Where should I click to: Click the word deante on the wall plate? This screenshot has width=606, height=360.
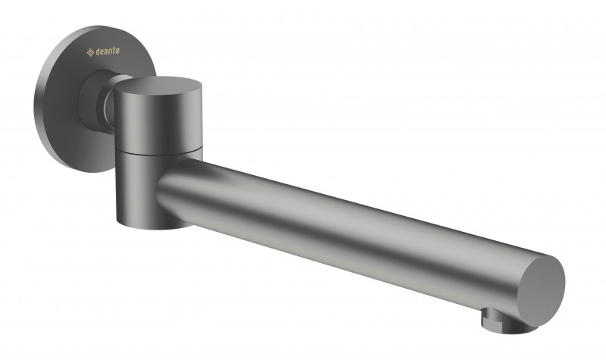108,51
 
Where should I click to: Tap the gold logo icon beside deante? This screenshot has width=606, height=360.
90,52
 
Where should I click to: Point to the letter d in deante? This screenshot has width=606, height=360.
98,52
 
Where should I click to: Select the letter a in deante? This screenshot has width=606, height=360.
106,51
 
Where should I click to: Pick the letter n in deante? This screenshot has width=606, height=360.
111,51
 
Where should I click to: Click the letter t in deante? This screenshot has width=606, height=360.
114,50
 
